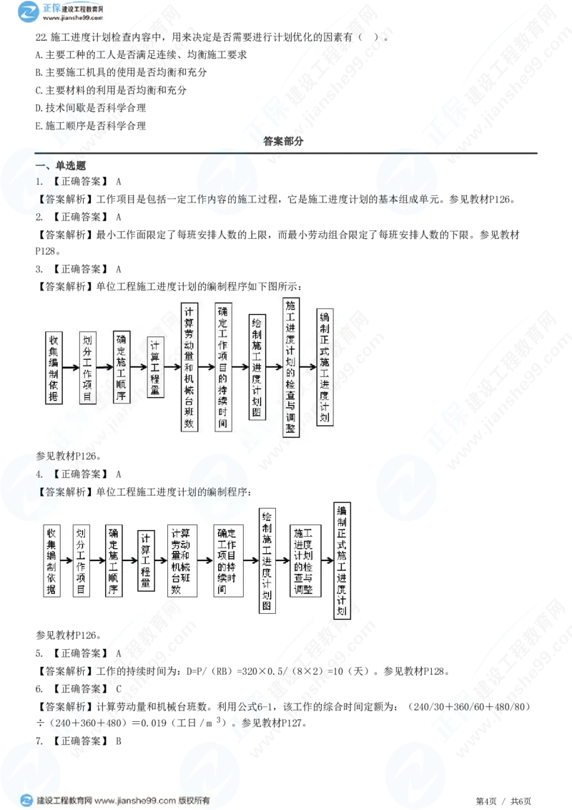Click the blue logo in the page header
point(29,11)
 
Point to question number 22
point(41,37)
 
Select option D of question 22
point(90,108)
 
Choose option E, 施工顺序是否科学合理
point(90,125)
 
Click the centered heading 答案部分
point(283,141)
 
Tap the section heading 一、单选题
point(60,165)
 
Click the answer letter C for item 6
point(118,688)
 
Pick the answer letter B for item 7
point(118,741)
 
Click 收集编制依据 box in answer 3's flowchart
point(54,367)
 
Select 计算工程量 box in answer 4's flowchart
point(146,560)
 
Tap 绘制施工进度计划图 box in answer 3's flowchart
point(257,367)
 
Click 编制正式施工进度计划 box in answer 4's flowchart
point(342,560)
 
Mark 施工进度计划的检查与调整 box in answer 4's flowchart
point(305,560)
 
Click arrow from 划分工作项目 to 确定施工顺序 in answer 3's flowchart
point(104,367)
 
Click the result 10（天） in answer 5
point(350,671)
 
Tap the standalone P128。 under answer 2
point(48,251)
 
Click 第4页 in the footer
point(485,801)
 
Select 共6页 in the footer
point(521,801)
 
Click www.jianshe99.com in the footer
point(135,800)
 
